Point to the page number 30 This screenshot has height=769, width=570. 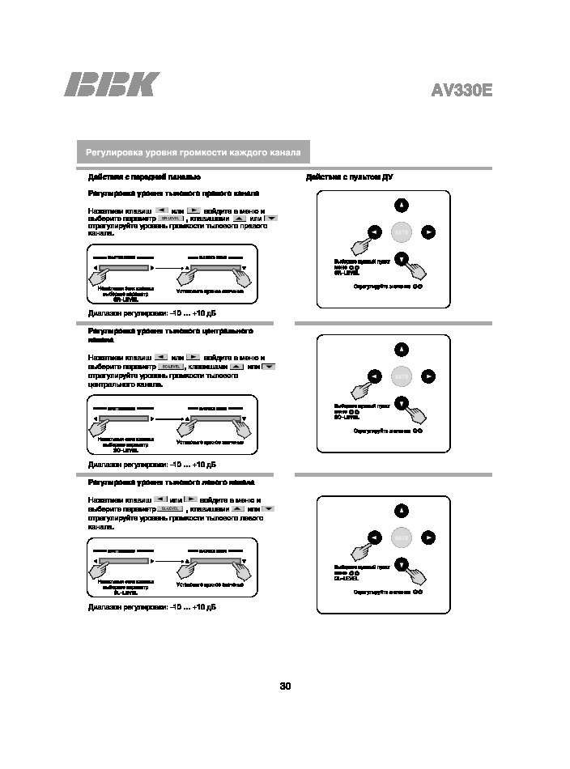(x=285, y=686)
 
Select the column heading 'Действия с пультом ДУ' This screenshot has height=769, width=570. (x=349, y=176)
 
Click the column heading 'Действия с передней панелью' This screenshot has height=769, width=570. (x=144, y=176)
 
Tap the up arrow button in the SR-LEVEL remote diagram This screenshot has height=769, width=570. (x=402, y=205)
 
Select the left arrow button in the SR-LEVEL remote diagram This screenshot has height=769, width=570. (x=374, y=232)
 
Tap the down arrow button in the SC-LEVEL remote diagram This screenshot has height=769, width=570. (x=402, y=403)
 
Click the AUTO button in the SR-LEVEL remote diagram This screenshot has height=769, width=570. (x=402, y=232)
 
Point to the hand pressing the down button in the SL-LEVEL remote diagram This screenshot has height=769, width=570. (x=418, y=574)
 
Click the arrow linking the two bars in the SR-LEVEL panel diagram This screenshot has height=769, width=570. (x=167, y=267)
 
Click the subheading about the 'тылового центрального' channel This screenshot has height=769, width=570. (x=170, y=335)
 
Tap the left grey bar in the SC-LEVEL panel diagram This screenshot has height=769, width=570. (x=124, y=418)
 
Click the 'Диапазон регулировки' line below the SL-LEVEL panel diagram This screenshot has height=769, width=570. (x=152, y=606)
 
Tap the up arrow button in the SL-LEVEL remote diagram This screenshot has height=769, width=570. (x=402, y=510)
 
